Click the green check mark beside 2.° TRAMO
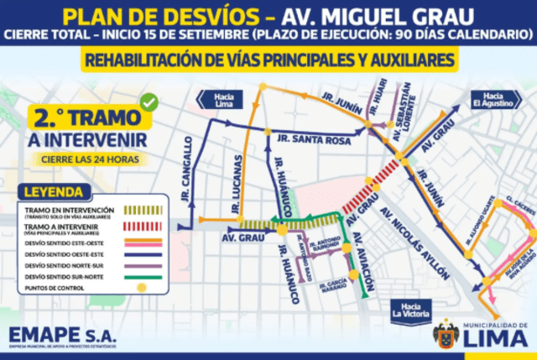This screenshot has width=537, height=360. pos(149,102)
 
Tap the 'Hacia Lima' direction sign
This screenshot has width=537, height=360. pos(224,98)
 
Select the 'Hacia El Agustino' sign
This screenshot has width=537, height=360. pos(488,98)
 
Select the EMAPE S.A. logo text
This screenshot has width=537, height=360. pos(62,335)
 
